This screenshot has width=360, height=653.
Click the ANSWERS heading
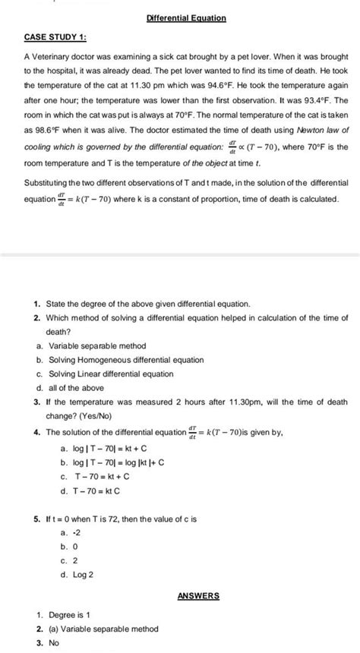click(197, 595)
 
